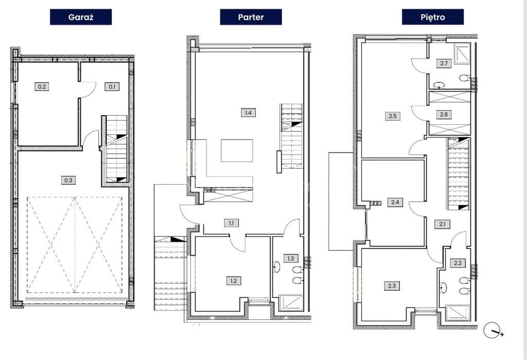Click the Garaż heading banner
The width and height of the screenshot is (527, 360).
point(81,17)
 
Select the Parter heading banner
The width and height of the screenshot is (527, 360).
point(251,17)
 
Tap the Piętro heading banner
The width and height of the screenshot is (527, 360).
point(432,17)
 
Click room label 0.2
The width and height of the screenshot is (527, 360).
point(42,86)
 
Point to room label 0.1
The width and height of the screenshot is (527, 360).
point(112,86)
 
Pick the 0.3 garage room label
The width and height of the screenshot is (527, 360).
point(68,181)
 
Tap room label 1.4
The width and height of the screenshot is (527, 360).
point(248,113)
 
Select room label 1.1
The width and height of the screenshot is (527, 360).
point(232,223)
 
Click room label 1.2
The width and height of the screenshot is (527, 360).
point(234,281)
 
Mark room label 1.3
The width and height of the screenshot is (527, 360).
point(291,258)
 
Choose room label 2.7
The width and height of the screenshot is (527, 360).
point(444,63)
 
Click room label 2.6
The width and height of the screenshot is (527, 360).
point(444,115)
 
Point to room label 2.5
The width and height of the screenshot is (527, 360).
point(393,116)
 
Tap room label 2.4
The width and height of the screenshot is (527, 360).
point(395,202)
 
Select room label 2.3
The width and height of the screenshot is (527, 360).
point(392,286)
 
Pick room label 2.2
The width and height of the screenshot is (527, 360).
point(458,263)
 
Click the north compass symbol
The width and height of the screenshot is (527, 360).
point(492,331)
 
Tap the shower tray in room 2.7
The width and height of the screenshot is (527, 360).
point(463,53)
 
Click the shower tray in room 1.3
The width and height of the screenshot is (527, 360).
point(291,303)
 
